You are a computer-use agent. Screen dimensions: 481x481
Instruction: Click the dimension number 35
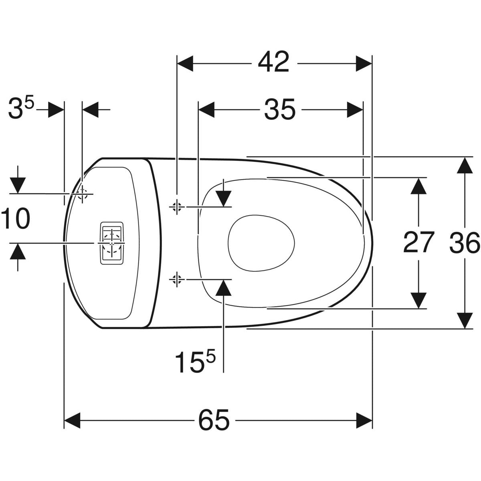coord(279,109)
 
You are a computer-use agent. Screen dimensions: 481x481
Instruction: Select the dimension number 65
coord(214,420)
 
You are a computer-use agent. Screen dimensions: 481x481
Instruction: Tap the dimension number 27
coord(418,243)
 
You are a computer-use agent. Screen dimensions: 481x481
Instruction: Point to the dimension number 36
coord(465,243)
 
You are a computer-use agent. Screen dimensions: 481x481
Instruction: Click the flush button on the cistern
coord(112,243)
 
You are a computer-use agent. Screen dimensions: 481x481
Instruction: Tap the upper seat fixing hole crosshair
coord(176,206)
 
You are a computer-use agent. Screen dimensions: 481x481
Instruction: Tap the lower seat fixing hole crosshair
coord(176,278)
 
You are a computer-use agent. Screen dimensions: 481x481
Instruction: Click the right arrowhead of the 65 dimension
coord(364,420)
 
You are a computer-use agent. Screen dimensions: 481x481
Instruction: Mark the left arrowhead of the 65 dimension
coord(73,420)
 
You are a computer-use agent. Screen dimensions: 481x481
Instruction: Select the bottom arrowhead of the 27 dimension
coord(419,301)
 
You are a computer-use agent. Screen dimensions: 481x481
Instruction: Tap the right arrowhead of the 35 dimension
coord(355,109)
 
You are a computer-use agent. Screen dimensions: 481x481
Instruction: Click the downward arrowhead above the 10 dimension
coord(17,185)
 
